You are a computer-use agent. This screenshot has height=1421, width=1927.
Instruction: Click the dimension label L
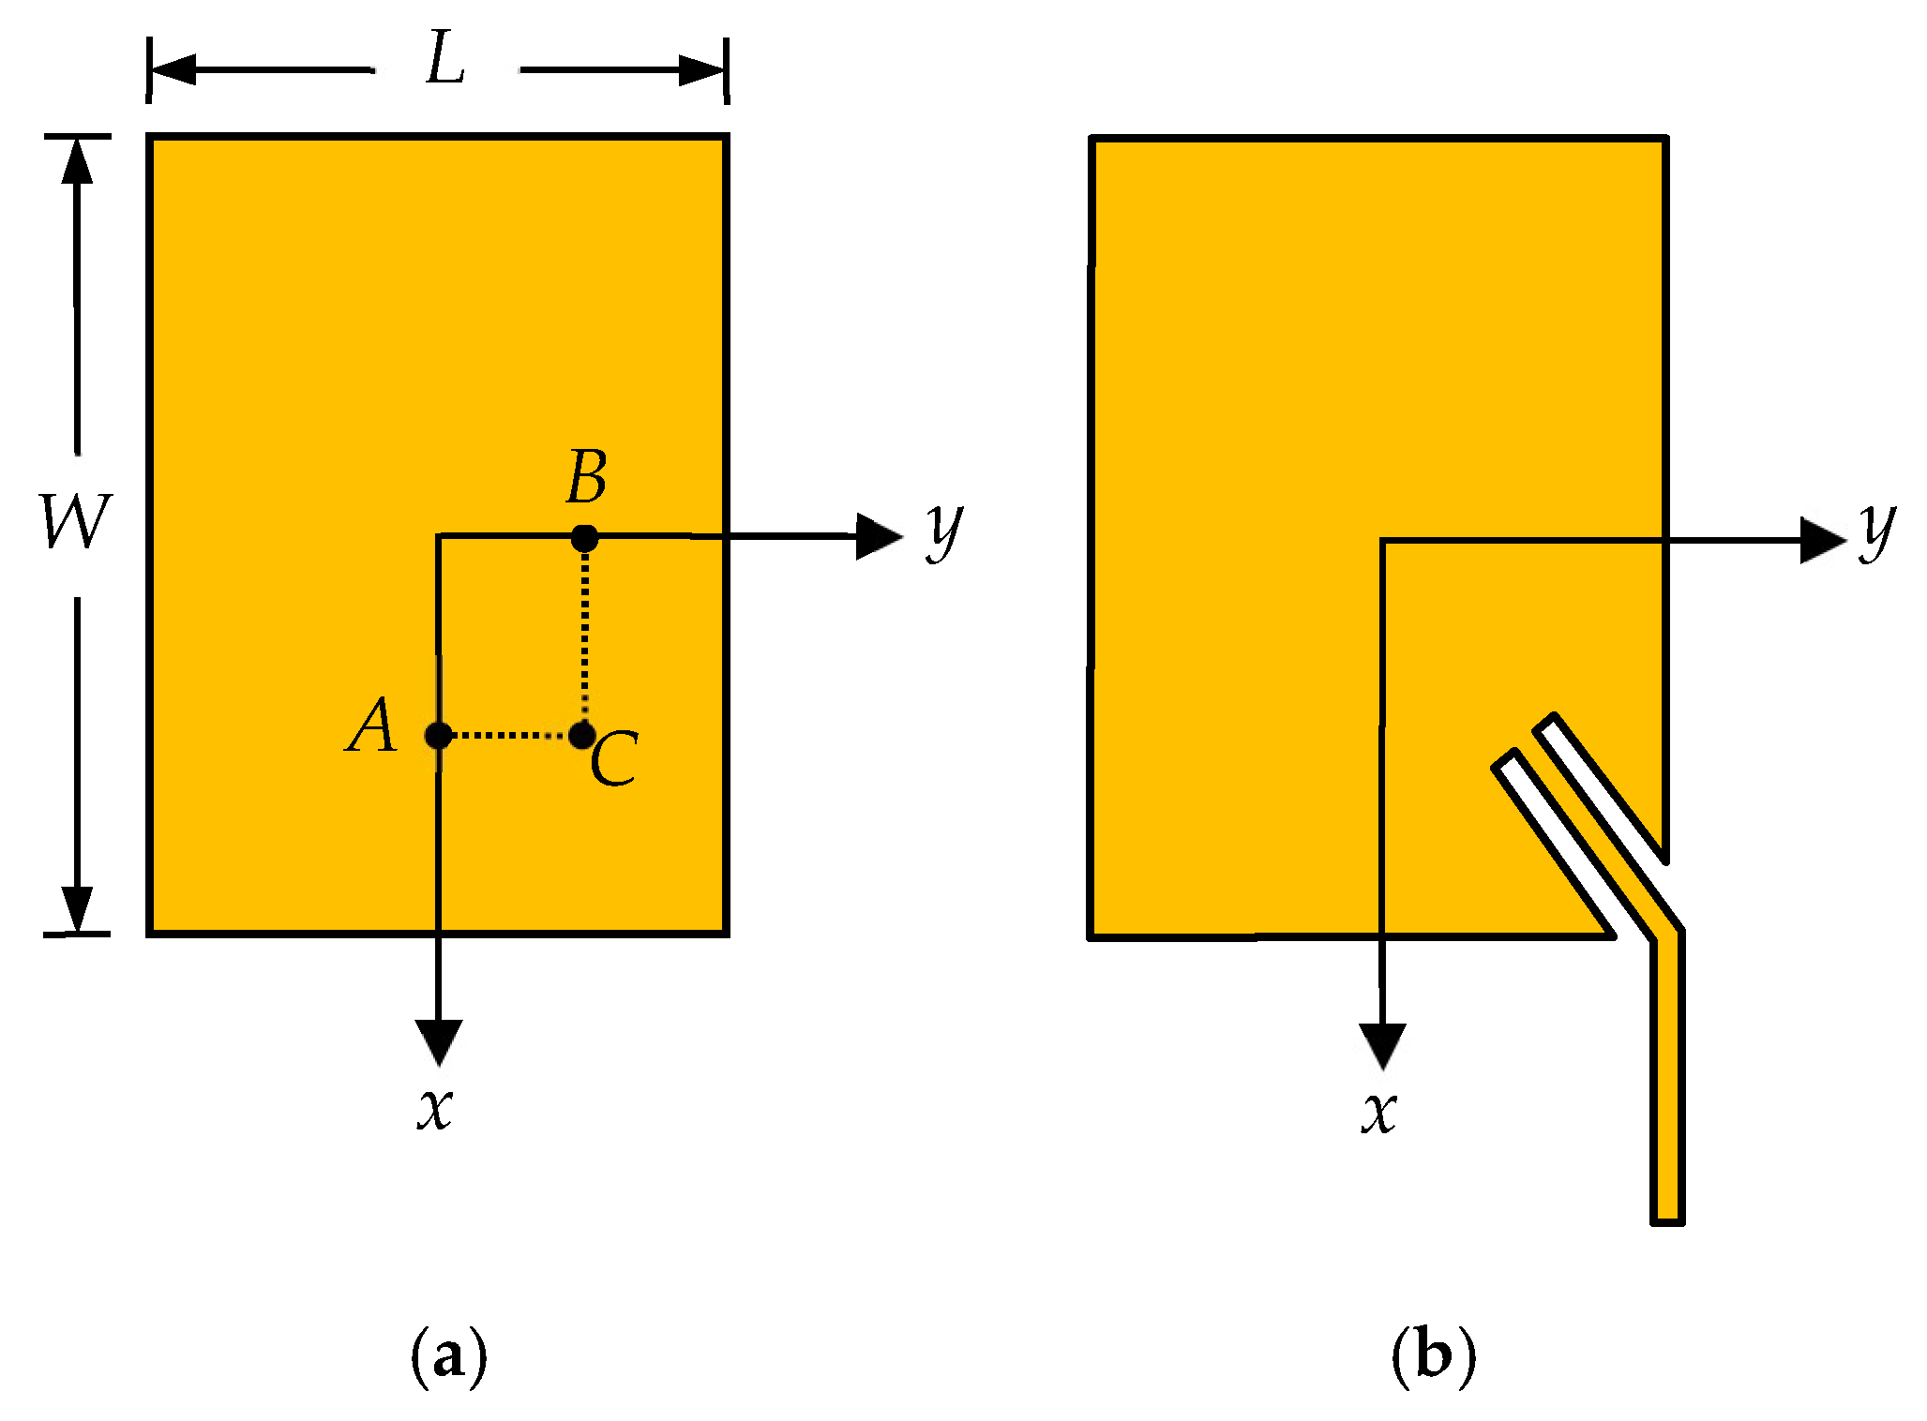click(x=445, y=60)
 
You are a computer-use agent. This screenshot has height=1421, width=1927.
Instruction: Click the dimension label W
click(x=76, y=521)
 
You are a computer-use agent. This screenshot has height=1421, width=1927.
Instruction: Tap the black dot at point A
click(x=438, y=736)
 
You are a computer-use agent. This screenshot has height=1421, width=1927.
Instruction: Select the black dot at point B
click(x=584, y=538)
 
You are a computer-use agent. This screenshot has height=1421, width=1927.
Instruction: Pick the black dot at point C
click(x=581, y=735)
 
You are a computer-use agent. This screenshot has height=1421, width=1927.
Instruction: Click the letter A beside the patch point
click(x=372, y=726)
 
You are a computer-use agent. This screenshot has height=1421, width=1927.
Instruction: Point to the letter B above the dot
click(x=587, y=477)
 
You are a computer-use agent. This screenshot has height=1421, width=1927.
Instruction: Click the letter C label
click(x=615, y=758)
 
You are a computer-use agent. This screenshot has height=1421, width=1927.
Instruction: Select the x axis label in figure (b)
click(x=1379, y=1114)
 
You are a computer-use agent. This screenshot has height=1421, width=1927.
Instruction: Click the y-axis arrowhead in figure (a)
click(x=878, y=537)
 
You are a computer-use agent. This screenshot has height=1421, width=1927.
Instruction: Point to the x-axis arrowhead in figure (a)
click(x=439, y=1041)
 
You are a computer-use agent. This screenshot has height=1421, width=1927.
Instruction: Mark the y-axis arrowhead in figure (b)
click(x=1822, y=541)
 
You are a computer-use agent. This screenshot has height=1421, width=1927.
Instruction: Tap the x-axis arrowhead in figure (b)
click(x=1382, y=1045)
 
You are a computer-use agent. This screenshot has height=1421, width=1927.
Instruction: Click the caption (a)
click(x=449, y=1355)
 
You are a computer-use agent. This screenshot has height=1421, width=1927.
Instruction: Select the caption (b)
click(x=1434, y=1355)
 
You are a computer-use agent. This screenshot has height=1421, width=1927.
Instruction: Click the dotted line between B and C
click(x=585, y=637)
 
